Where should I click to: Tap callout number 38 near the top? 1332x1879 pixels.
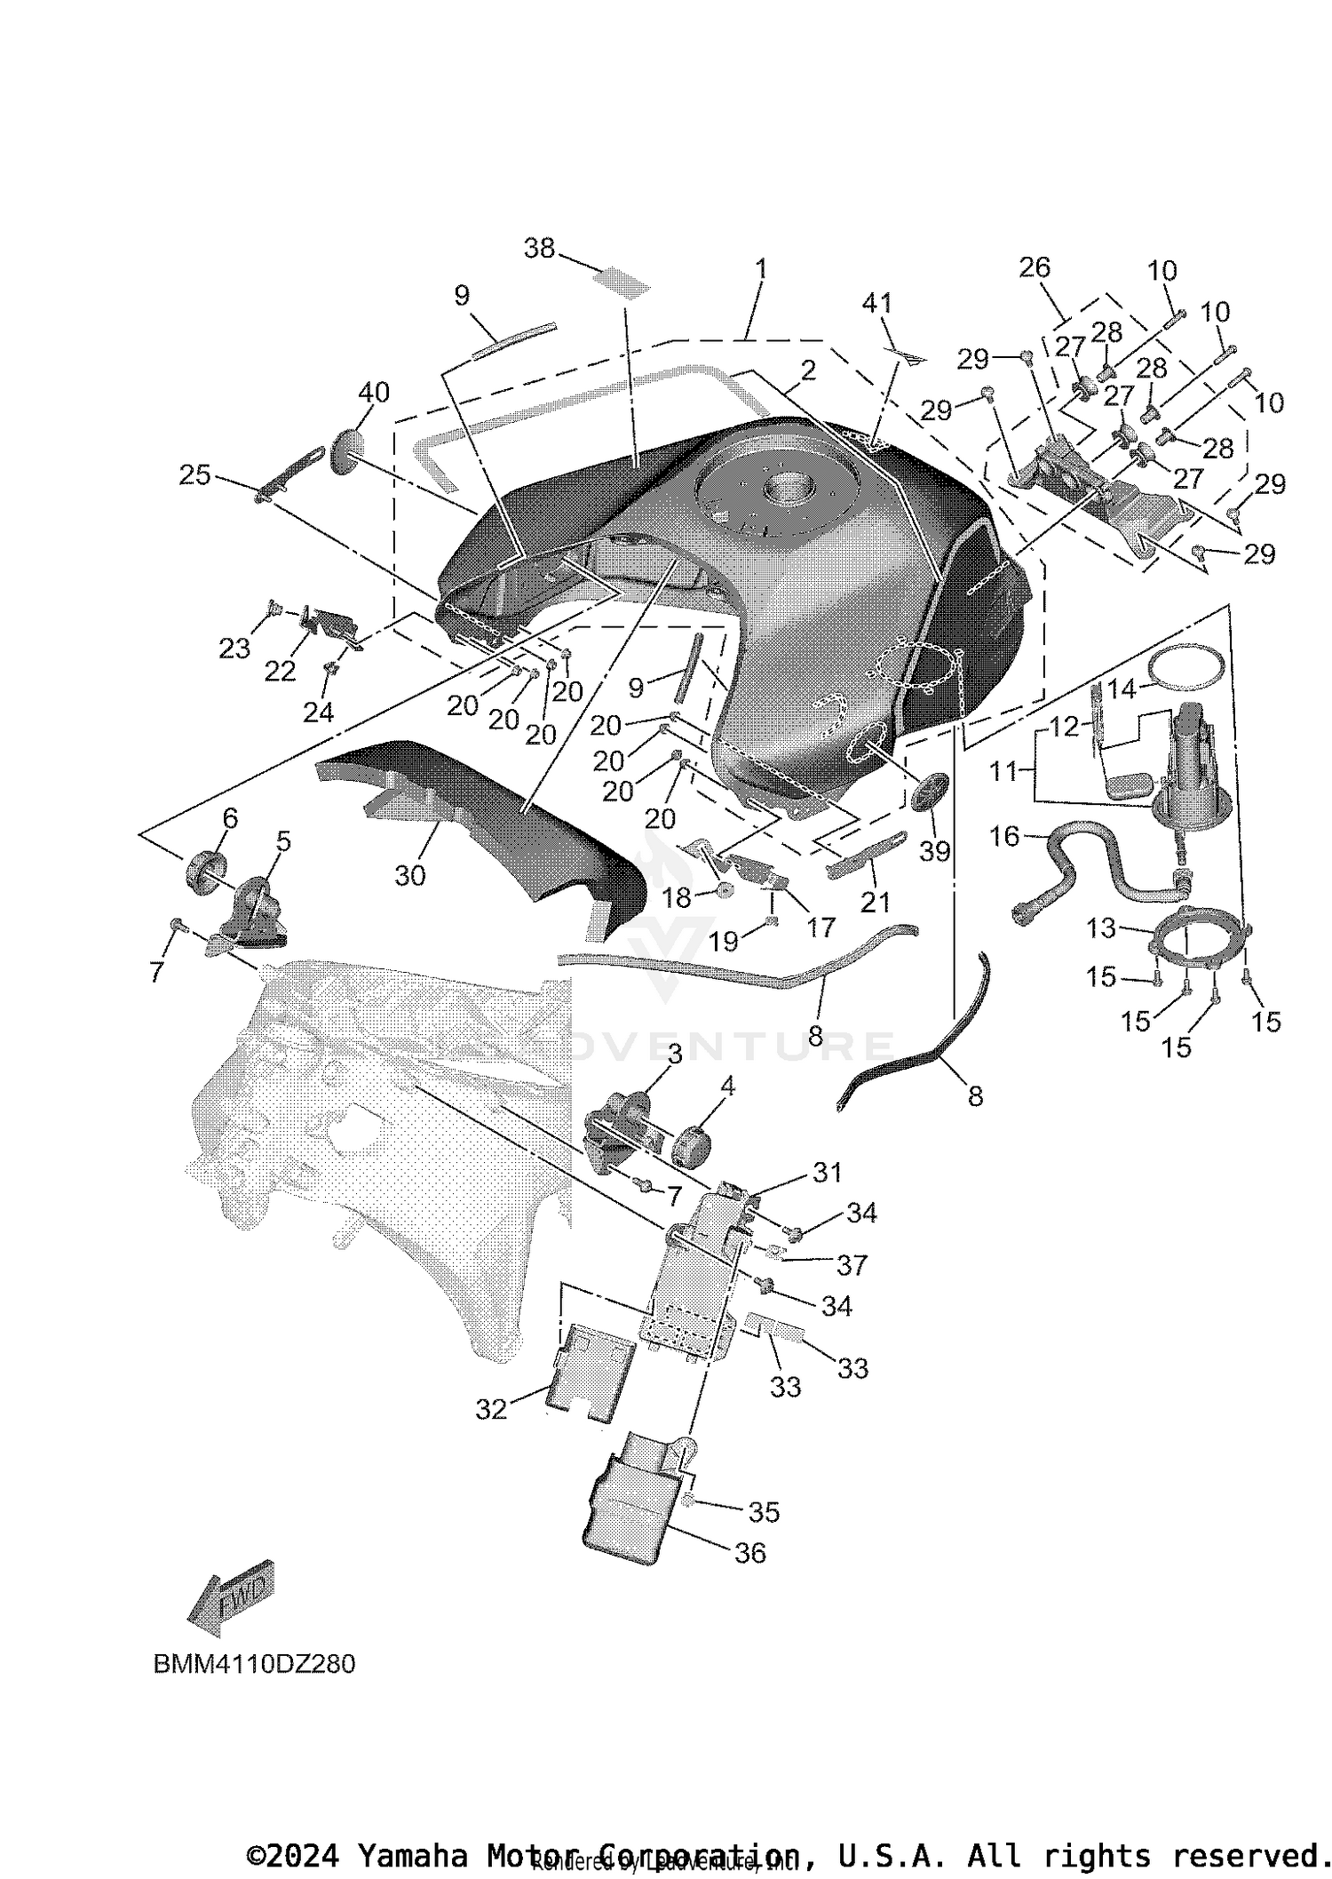tap(539, 248)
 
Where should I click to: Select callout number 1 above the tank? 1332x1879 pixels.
tap(760, 268)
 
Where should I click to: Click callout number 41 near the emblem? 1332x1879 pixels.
tap(877, 303)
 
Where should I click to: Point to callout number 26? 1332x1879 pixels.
tap(1035, 267)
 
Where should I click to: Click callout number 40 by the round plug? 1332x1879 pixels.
tap(374, 392)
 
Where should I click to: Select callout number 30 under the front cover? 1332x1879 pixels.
tap(410, 876)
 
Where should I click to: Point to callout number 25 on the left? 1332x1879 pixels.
tap(194, 475)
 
